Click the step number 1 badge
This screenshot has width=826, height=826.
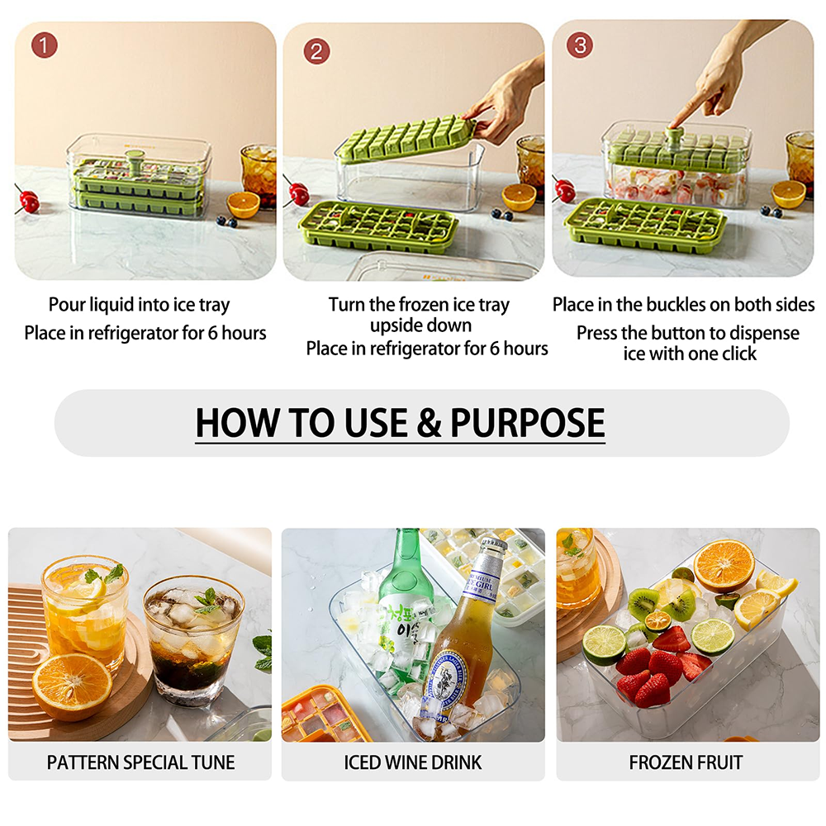click(x=45, y=45)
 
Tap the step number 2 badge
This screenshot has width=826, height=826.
click(x=316, y=51)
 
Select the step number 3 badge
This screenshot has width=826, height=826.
click(x=580, y=45)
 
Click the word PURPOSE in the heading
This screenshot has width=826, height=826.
click(x=527, y=422)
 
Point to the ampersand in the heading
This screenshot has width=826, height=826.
click(x=428, y=422)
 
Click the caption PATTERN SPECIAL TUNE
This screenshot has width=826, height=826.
click(x=140, y=762)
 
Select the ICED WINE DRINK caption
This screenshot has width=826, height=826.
click(x=413, y=762)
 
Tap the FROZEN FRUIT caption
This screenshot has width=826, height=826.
click(x=686, y=762)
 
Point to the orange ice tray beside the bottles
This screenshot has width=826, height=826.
click(x=322, y=714)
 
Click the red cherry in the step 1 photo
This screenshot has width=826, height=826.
click(x=30, y=201)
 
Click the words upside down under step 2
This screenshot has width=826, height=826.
click(x=420, y=325)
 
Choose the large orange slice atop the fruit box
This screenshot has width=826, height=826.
click(x=724, y=565)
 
